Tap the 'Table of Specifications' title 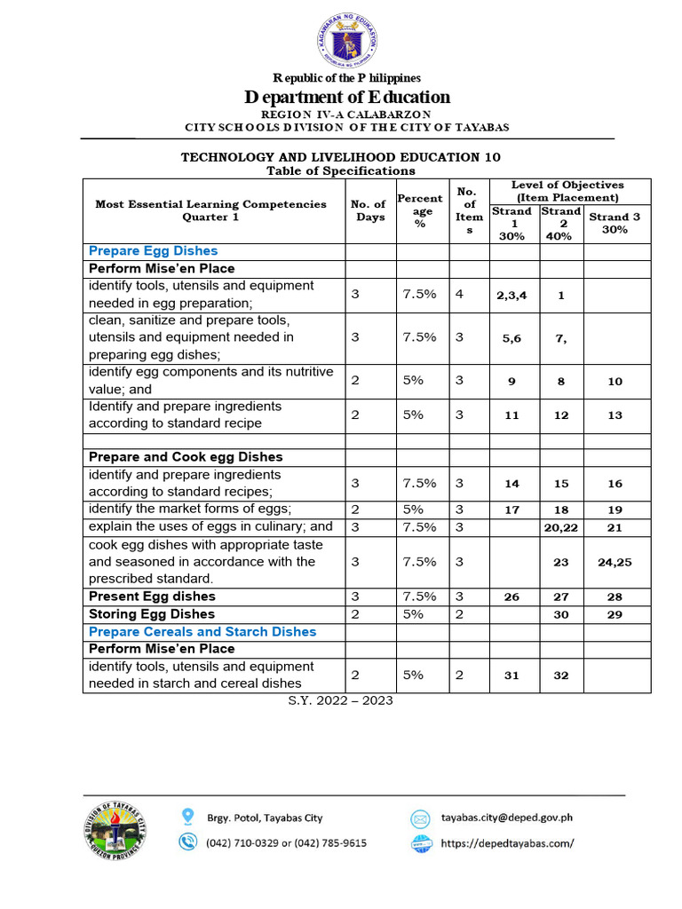coord(341,170)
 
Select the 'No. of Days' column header coord(370,210)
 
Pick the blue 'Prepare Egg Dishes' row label coord(153,251)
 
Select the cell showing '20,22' coord(561,527)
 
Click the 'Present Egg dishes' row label coord(152,597)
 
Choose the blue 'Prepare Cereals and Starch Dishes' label coord(202,632)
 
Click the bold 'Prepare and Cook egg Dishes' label coord(186,457)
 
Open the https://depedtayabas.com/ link coord(507,843)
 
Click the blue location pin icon coord(186,817)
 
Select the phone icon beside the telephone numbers coord(186,842)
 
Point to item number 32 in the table coord(561,676)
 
